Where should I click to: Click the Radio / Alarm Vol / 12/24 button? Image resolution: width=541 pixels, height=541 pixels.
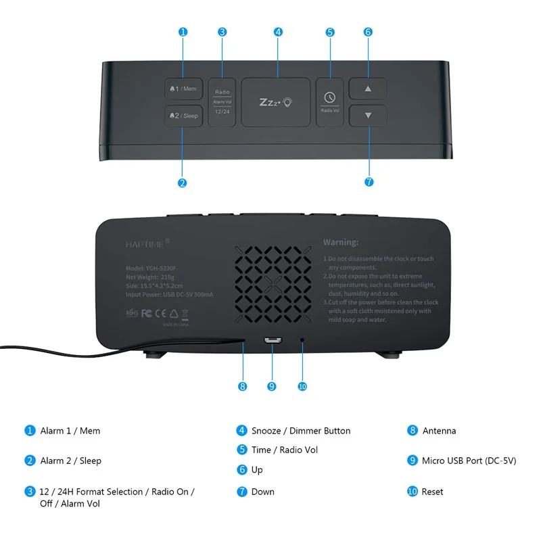[x=222, y=101]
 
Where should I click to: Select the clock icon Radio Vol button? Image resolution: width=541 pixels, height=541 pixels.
[x=330, y=101]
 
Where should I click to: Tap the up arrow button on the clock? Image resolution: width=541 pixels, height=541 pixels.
[x=368, y=89]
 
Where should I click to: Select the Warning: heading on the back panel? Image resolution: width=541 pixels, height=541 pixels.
[x=341, y=242]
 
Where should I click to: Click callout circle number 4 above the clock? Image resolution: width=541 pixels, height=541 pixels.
[x=278, y=32]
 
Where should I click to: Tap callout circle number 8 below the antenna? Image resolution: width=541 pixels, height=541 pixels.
[x=242, y=386]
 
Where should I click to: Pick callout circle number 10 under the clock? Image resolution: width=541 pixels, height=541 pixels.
[x=302, y=386]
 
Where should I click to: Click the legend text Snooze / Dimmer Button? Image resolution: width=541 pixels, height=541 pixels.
[x=301, y=431]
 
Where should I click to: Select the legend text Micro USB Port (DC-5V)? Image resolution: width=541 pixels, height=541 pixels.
[x=469, y=461]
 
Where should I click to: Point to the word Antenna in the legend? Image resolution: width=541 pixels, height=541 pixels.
[x=439, y=431]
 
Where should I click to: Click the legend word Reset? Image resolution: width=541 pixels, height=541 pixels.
[x=433, y=492]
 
